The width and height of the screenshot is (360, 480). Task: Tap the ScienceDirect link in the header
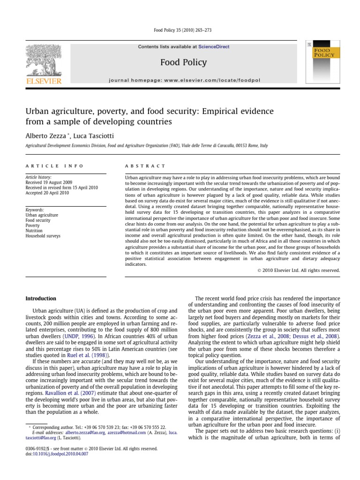point(214,47)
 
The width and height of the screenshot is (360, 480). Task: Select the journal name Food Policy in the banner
point(183,62)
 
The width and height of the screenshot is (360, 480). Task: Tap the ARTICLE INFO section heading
point(54,166)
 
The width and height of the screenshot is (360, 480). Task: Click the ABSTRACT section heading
point(145,166)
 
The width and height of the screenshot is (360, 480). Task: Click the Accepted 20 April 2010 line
point(47,193)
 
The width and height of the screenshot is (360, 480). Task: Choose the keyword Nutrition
point(35,231)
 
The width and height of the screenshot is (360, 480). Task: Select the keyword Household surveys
point(43,236)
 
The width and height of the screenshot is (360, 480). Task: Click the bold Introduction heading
point(41,299)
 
